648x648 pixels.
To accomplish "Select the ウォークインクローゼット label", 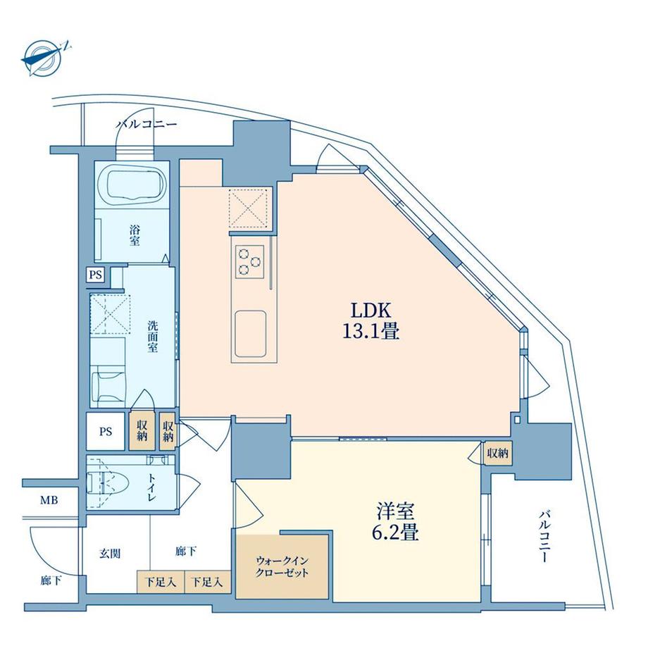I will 282,566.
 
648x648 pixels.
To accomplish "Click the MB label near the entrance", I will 49,501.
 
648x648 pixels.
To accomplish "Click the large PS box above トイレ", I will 105,430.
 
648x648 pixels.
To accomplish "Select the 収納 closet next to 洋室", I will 497,454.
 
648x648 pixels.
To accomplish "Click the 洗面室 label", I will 153,336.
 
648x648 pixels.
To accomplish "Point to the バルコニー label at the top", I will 147,125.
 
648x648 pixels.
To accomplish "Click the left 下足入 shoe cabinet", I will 160,582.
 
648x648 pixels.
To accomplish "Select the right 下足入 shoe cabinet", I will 207,582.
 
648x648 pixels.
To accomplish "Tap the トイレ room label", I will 151,487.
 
